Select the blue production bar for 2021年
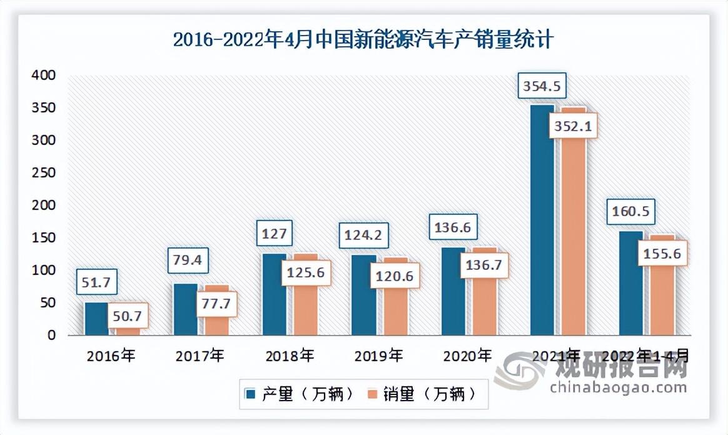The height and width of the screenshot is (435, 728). pyautogui.click(x=542, y=219)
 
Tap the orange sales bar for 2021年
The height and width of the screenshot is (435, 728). pyautogui.click(x=574, y=237)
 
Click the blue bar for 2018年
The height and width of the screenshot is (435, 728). pyautogui.click(x=274, y=294)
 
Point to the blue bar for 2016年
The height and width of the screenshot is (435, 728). pyautogui.click(x=96, y=319)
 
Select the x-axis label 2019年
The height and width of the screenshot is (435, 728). pyautogui.click(x=378, y=356)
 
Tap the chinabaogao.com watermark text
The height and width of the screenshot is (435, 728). pyautogui.click(x=618, y=387)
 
